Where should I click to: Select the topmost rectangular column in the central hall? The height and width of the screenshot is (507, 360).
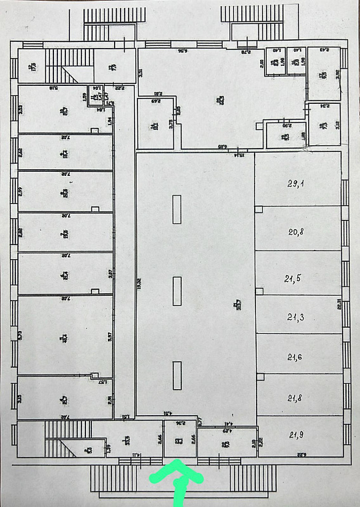pyautogui.click(x=176, y=209)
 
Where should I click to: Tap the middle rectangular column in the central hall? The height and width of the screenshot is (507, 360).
pyautogui.click(x=176, y=290)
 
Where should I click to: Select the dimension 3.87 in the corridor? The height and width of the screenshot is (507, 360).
pyautogui.click(x=109, y=273)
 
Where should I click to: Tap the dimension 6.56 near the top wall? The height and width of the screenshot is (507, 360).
pyautogui.click(x=180, y=51)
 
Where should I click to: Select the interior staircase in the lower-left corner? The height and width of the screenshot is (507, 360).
pyautogui.click(x=63, y=440)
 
